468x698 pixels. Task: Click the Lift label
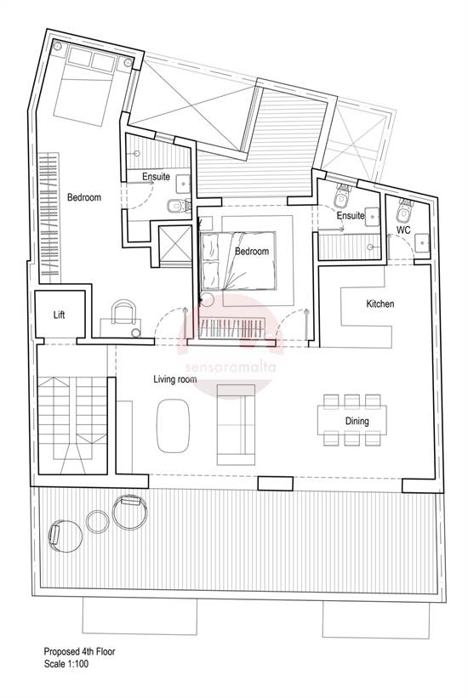click(x=59, y=315)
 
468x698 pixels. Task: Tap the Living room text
click(x=176, y=379)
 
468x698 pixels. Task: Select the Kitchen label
click(x=380, y=304)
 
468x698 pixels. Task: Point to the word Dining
click(x=357, y=420)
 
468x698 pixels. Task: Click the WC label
click(x=403, y=230)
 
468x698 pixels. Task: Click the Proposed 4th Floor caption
click(x=79, y=653)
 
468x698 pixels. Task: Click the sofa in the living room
click(x=236, y=424)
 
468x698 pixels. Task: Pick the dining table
click(x=351, y=419)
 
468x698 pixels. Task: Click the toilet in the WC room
click(x=404, y=204)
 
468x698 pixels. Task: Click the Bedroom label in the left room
click(x=84, y=197)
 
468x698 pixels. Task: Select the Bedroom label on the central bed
click(x=252, y=252)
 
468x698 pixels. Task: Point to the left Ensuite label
click(x=156, y=177)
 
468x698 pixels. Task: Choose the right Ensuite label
click(x=351, y=216)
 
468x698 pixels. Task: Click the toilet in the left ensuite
click(x=174, y=204)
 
